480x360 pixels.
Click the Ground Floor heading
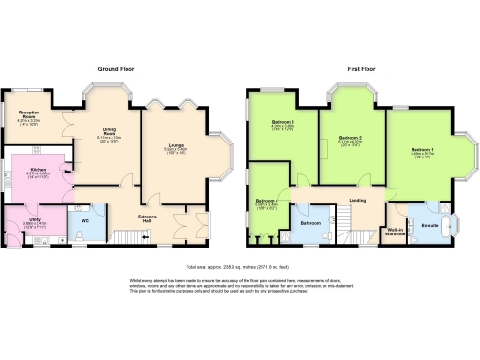pos(119,68)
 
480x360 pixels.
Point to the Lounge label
pos(173,145)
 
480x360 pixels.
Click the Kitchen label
pos(37,171)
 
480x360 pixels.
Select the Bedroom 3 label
pos(283,123)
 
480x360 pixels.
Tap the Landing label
pos(357,200)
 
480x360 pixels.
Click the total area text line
pos(239,267)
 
